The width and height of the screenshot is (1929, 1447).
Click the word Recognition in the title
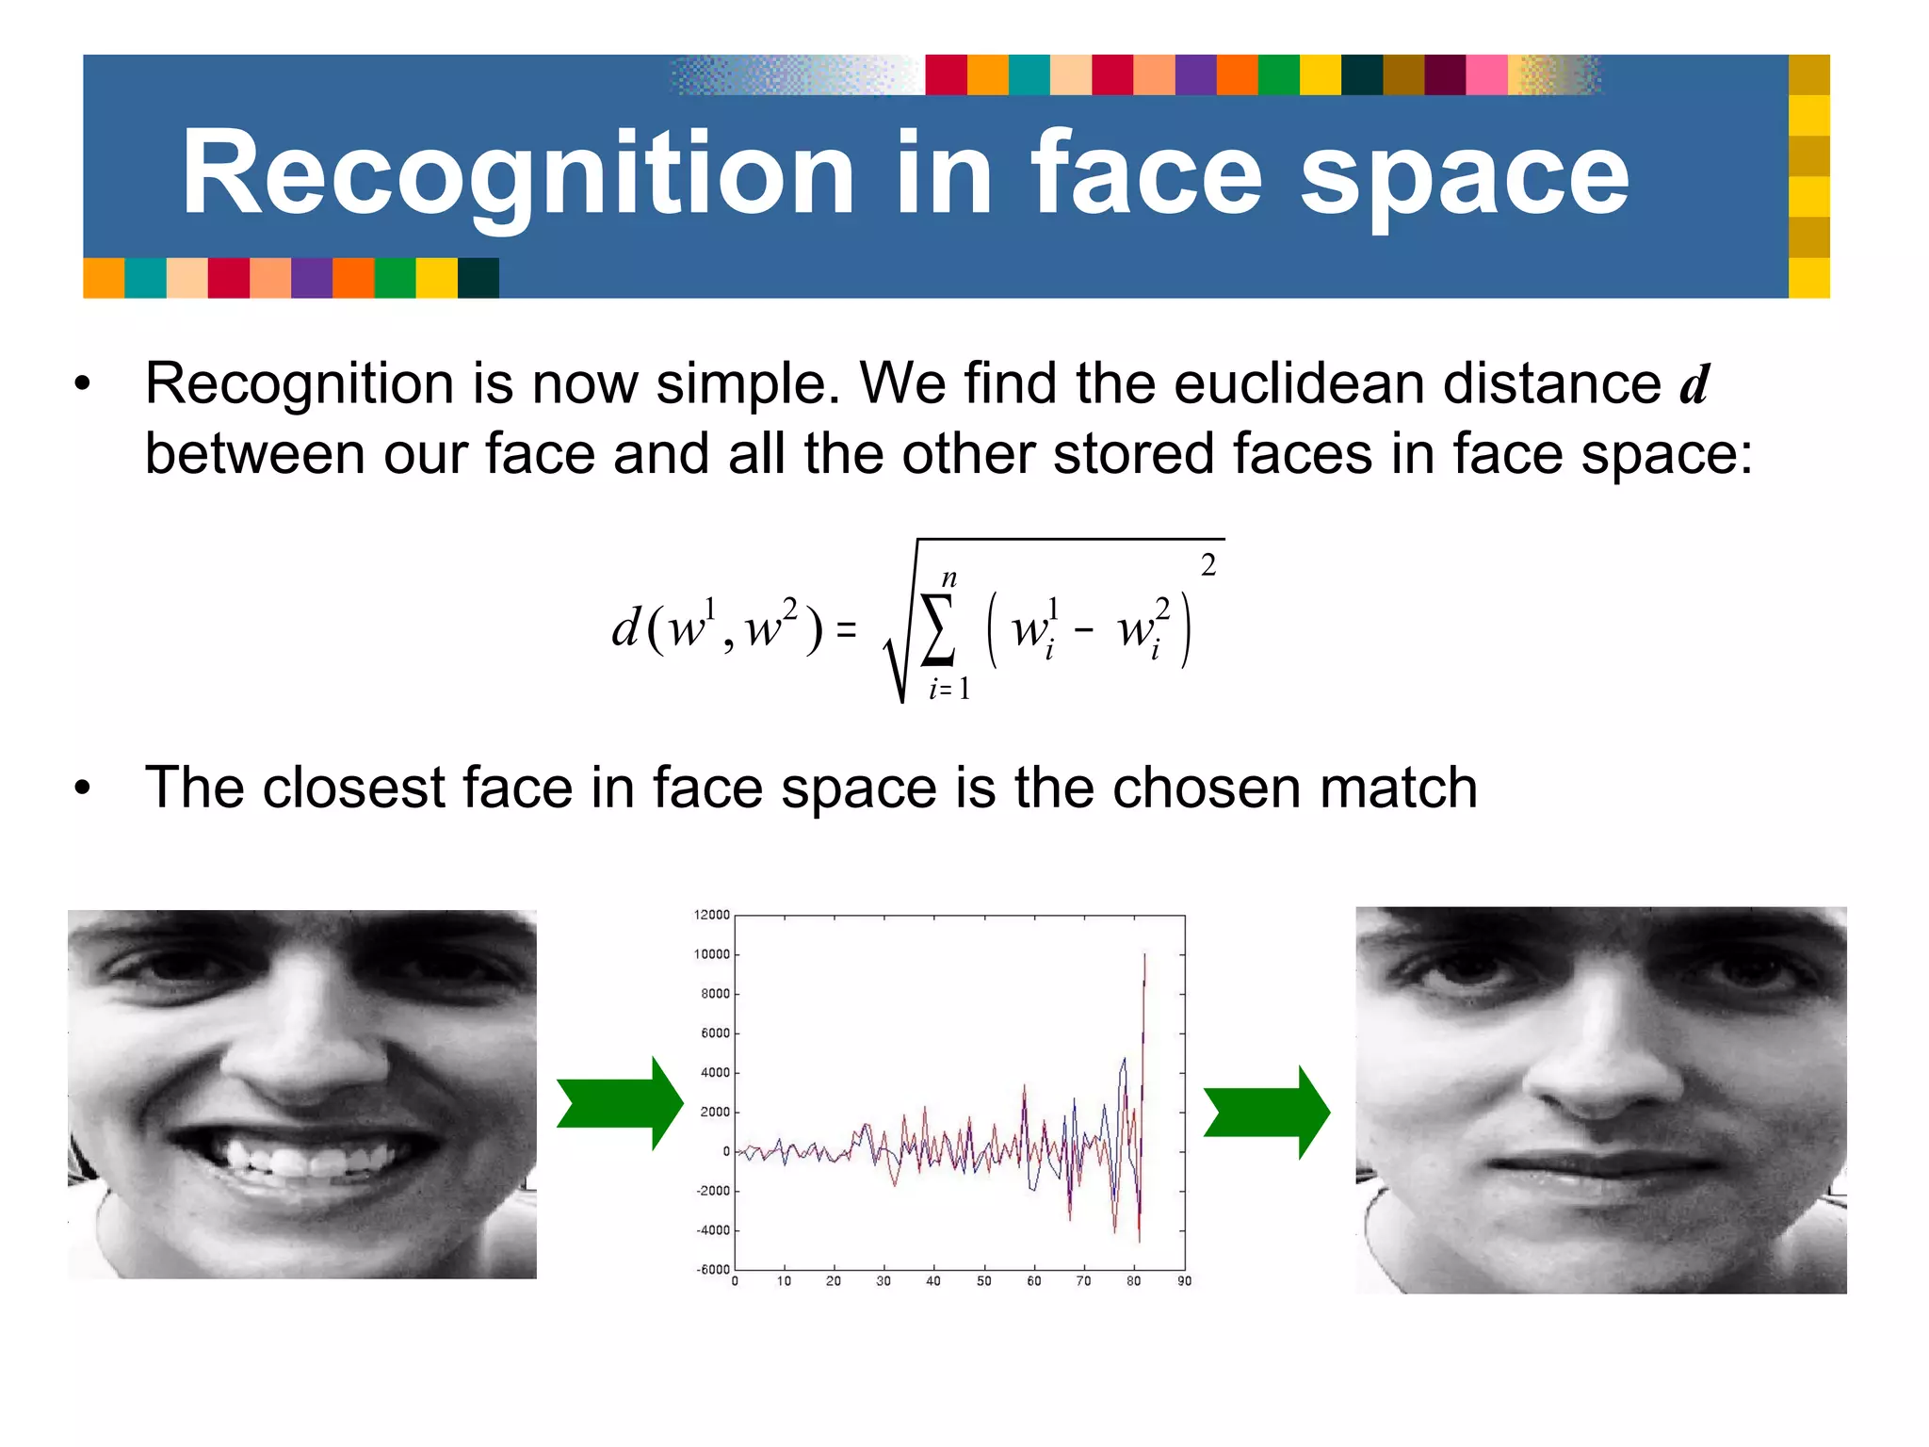click(x=517, y=175)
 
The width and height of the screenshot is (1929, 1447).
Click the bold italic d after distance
click(x=1694, y=384)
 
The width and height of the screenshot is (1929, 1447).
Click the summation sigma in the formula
click(x=938, y=629)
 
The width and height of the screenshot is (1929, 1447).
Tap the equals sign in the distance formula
click(x=847, y=629)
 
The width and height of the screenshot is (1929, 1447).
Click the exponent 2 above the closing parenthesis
click(x=1208, y=565)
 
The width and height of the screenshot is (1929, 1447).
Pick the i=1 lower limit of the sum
click(x=949, y=690)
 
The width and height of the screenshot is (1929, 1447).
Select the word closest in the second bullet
click(x=353, y=788)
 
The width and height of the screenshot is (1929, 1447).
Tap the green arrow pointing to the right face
click(x=1267, y=1113)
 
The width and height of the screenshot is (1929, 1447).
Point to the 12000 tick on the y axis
click(x=711, y=915)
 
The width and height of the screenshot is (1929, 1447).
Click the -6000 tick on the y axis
click(x=712, y=1269)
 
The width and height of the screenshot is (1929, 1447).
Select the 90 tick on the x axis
click(x=1184, y=1281)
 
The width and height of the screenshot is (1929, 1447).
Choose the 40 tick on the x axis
click(x=933, y=1281)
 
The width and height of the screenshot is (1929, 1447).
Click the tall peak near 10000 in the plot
click(x=1144, y=956)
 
